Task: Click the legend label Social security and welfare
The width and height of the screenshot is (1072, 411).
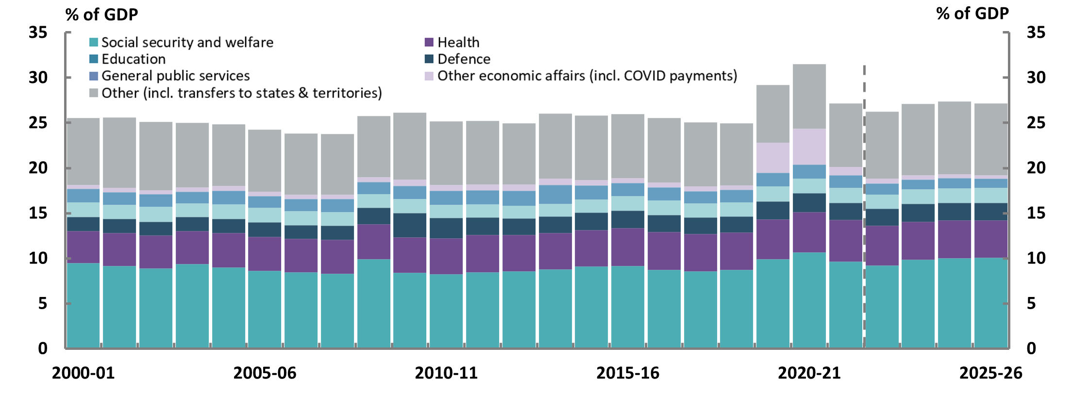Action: click(187, 43)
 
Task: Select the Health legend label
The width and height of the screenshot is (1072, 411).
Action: click(458, 43)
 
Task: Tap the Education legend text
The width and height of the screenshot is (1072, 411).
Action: click(134, 59)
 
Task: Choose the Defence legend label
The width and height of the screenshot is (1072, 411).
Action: click(464, 59)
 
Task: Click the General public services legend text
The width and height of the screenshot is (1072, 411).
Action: click(175, 76)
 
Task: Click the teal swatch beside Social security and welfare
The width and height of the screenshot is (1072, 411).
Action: click(94, 43)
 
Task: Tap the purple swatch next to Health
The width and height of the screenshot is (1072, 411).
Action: click(429, 43)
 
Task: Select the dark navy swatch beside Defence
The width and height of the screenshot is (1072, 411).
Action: click(429, 59)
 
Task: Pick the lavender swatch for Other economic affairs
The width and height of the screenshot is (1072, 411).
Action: click(429, 76)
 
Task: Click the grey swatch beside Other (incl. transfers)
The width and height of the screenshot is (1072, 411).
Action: click(94, 93)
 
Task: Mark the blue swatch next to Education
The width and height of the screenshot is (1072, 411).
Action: click(94, 59)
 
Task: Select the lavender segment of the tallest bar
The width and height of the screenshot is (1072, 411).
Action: click(809, 147)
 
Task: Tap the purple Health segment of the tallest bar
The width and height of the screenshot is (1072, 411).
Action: click(809, 232)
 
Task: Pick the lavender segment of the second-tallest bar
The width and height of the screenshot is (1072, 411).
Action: click(773, 158)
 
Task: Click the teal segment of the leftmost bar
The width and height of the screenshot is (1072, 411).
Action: click(83, 306)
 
